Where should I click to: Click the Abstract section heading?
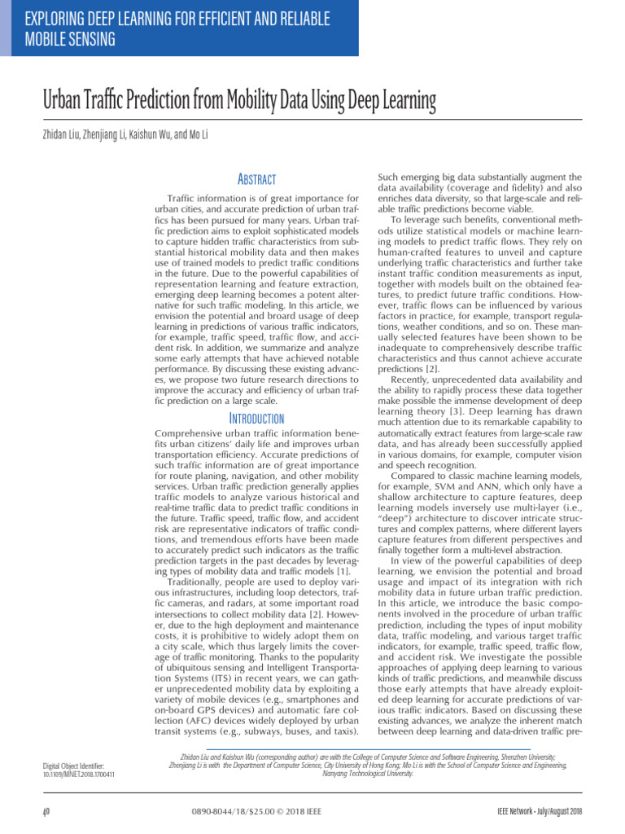[256, 179]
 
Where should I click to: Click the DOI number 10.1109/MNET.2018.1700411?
[78, 774]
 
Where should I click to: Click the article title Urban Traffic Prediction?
[239, 101]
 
